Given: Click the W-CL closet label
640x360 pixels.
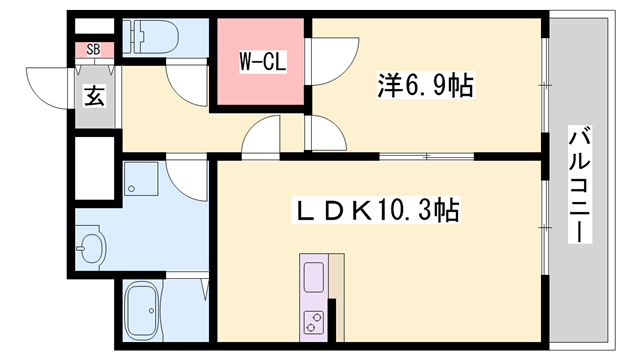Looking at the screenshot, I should (262, 62).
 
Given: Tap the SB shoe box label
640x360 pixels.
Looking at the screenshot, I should (93, 48).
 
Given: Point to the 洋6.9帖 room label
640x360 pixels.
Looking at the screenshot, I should (424, 86).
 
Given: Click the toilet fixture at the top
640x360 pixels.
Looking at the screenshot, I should (161, 37).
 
